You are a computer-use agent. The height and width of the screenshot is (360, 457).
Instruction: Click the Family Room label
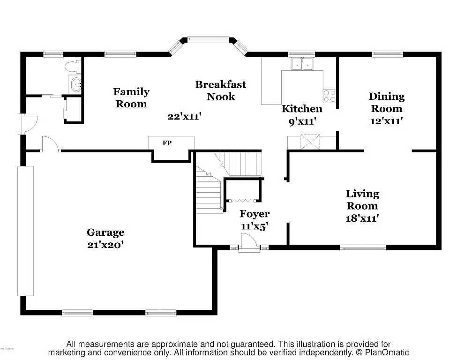click(131, 97)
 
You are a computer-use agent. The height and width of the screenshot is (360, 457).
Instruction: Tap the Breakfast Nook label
click(220, 90)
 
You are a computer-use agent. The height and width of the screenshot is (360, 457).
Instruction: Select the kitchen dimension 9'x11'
click(302, 121)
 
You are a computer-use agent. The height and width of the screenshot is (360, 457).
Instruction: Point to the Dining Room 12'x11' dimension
click(386, 120)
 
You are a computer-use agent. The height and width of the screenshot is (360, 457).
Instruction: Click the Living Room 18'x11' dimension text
click(362, 218)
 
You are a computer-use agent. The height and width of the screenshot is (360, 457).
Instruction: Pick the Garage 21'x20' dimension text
click(105, 244)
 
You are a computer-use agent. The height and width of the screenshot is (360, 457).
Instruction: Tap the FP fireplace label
click(167, 143)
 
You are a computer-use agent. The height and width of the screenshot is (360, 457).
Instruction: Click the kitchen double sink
click(302, 64)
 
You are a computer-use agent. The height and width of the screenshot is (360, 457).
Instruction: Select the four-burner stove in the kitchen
click(330, 96)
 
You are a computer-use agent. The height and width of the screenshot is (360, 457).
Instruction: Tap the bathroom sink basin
click(75, 85)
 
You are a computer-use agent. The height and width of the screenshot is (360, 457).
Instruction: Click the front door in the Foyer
click(248, 243)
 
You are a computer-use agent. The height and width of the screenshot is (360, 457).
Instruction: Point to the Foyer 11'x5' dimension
click(255, 226)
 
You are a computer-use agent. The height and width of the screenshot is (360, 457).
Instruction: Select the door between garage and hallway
click(51, 144)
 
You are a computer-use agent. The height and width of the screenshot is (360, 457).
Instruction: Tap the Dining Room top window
click(387, 54)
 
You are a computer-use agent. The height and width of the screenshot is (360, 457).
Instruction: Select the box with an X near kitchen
click(310, 142)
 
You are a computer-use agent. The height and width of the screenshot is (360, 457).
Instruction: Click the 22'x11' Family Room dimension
click(184, 117)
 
